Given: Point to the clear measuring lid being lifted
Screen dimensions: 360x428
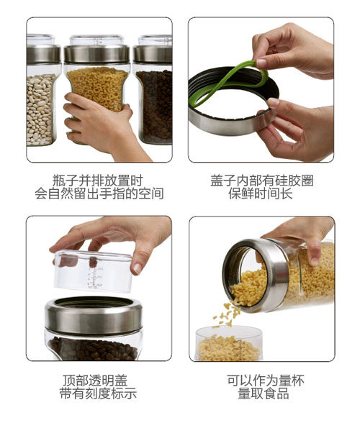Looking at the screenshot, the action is pos(93,271).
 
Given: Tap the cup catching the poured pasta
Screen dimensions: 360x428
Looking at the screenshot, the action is pos(229,344).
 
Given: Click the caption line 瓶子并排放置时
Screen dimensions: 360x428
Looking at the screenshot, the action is pos(98,181).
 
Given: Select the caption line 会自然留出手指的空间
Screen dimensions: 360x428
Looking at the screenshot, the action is pos(99,193).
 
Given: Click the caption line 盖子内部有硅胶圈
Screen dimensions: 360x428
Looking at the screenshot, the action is pos(261,181).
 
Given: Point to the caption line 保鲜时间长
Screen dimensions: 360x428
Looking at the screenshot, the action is pos(261,193).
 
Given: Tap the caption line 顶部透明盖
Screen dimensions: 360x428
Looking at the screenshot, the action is pos(95,381).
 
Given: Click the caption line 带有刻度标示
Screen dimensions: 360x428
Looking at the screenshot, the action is pos(98,393).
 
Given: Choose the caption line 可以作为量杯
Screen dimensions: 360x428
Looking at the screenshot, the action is pos(265,381).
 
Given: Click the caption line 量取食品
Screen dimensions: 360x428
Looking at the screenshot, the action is pos(264,393).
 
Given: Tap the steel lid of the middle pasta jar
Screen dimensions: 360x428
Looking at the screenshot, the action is pos(96,54).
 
